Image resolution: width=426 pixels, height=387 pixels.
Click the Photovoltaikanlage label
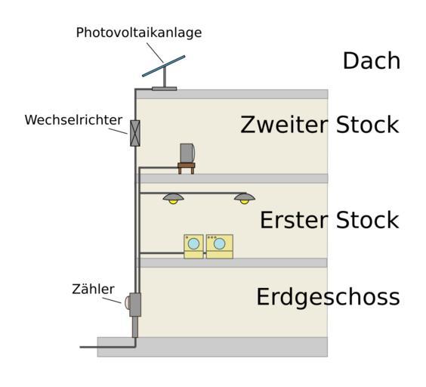point(139,33)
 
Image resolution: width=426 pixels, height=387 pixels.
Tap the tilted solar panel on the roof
point(164,66)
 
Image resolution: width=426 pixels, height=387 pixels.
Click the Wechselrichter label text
point(73,120)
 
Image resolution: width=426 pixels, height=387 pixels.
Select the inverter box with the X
point(135,133)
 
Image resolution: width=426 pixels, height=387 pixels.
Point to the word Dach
point(372,60)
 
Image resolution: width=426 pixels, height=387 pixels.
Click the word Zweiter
point(285,125)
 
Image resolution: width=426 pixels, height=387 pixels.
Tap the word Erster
point(295,220)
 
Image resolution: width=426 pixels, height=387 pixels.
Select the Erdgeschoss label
point(329,297)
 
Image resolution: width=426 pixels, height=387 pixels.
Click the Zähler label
point(93,289)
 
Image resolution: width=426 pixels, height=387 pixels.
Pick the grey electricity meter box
point(135,305)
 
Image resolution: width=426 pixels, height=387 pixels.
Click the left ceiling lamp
point(173,199)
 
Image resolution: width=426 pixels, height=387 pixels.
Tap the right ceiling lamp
point(245,199)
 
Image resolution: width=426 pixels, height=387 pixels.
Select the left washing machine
point(193,246)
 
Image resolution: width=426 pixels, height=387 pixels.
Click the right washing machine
point(220,246)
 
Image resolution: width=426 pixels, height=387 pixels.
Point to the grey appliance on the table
point(187,153)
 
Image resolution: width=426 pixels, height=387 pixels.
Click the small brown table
point(187,168)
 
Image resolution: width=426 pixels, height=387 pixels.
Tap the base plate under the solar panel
point(165,88)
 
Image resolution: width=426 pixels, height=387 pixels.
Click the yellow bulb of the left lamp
point(173,202)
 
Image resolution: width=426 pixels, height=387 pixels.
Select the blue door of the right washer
point(219,243)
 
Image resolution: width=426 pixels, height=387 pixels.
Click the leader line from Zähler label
point(112,300)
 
